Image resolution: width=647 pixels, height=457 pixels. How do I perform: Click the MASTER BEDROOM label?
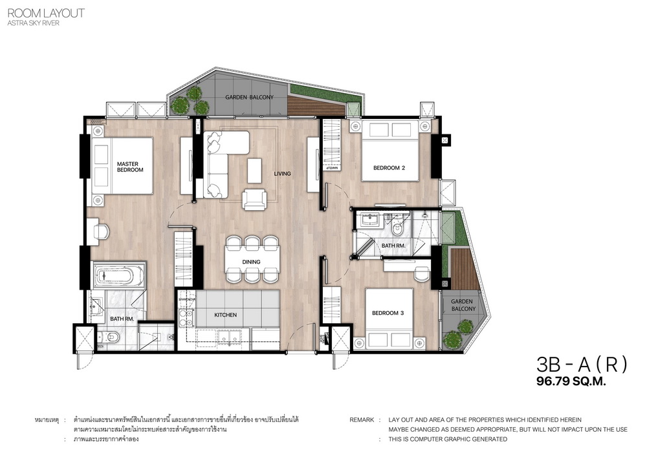[130, 167]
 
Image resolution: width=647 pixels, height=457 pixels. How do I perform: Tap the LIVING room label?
[282, 173]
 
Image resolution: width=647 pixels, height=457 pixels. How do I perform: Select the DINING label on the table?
[251, 262]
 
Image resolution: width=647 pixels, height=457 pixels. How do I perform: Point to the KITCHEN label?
[225, 315]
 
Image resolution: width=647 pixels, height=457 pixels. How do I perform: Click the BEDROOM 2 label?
[389, 167]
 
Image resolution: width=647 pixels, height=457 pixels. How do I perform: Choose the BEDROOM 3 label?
[388, 313]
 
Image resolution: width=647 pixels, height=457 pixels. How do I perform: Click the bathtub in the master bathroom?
[118, 275]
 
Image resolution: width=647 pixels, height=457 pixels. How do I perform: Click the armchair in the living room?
[254, 200]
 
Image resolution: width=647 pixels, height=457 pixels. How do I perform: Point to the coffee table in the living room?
[254, 171]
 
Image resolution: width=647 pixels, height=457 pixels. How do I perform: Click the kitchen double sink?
[230, 337]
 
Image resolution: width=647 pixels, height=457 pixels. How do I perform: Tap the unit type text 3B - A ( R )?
[582, 364]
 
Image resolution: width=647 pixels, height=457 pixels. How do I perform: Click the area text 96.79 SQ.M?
[571, 381]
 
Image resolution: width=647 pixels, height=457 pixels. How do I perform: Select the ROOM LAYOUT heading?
[46, 13]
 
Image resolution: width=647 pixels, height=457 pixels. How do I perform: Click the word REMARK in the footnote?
[362, 420]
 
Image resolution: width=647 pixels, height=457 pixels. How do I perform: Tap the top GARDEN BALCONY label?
[249, 97]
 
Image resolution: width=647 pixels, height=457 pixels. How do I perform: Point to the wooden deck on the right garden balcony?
[463, 269]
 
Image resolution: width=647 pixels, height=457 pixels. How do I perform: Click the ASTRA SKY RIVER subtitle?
[33, 23]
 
